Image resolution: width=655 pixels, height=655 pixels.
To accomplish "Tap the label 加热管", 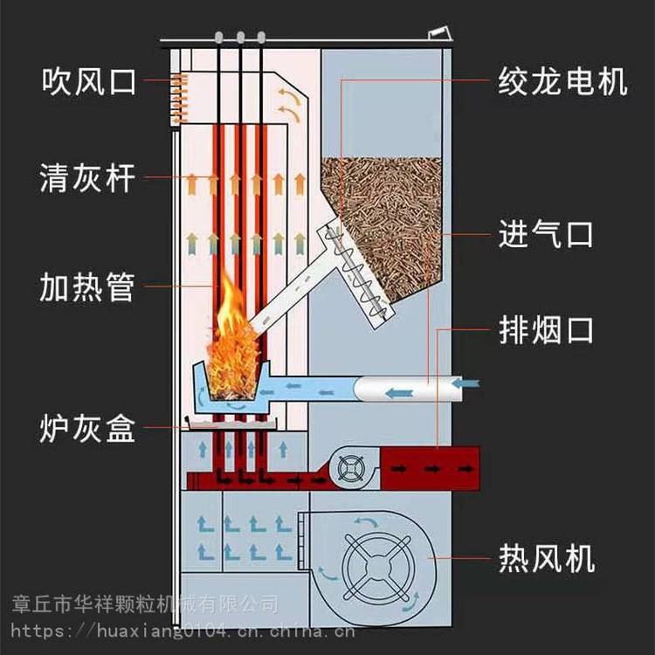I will click(88, 286).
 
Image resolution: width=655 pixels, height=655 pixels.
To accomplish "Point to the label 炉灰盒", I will click(88, 430).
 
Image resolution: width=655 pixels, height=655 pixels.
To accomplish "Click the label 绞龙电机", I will click(562, 82).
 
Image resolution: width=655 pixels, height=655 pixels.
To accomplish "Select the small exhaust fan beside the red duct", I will click(351, 469).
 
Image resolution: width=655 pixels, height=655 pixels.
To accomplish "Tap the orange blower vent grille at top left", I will click(180, 97).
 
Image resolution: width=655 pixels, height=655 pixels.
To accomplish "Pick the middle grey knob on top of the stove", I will click(239, 37).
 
